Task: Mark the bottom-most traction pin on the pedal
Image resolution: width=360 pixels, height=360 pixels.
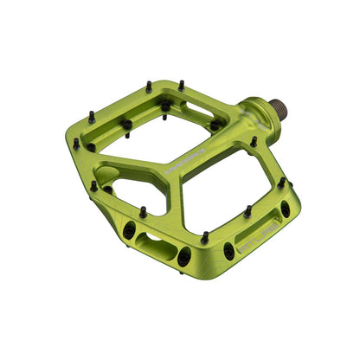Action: click(x=204, y=237)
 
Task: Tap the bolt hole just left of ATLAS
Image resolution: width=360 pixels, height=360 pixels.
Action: click(x=228, y=251)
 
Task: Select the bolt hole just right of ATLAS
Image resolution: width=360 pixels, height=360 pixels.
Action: click(x=285, y=209)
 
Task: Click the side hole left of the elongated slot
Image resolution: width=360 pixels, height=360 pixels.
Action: click(x=129, y=229)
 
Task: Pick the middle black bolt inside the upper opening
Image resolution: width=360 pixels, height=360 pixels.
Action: click(x=165, y=106)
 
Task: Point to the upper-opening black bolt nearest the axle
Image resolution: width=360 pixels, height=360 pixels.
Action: click(x=215, y=125)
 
